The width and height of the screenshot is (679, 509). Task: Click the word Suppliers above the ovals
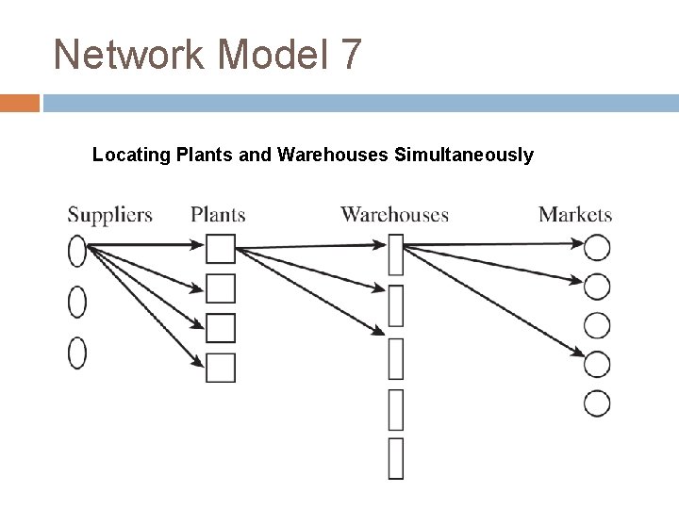[109, 215]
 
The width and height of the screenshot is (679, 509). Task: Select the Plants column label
[218, 215]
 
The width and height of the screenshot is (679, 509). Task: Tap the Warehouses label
[394, 215]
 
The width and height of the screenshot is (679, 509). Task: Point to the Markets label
[575, 215]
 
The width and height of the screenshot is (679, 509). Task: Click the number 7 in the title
[347, 55]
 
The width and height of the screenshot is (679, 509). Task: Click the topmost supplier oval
[77, 252]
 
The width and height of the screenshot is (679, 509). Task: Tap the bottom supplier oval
[77, 353]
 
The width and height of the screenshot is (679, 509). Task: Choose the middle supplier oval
[77, 303]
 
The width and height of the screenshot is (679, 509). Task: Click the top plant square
[221, 250]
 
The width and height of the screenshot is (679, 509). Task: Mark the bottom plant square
[221, 367]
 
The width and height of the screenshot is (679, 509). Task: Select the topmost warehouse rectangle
[396, 254]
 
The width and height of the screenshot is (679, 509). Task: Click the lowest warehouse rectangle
[396, 458]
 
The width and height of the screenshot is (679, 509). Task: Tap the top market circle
[597, 248]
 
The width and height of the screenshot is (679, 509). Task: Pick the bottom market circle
[597, 403]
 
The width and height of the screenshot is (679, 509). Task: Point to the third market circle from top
[597, 325]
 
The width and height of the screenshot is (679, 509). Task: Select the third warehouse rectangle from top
[396, 356]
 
